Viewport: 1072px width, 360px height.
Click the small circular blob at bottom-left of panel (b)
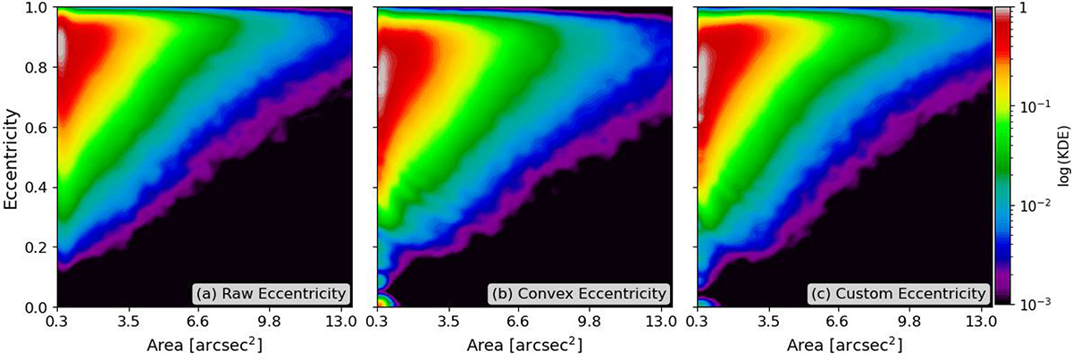(383, 300)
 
